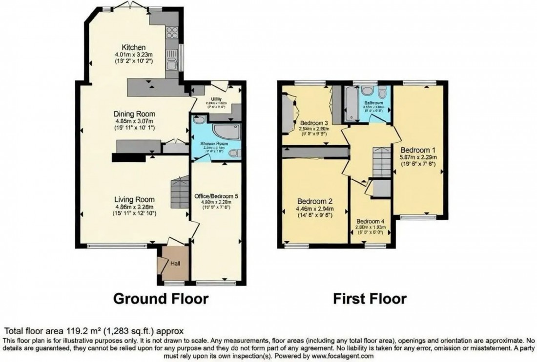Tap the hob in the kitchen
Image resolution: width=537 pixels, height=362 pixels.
click(x=172, y=33)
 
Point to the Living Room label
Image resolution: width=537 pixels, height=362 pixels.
click(x=134, y=199)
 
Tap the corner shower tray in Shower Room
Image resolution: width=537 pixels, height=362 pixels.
click(x=227, y=132)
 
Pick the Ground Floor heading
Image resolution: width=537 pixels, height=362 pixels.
click(x=161, y=299)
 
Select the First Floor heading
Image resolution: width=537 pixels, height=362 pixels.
click(x=370, y=299)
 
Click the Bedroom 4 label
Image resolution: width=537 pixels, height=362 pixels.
click(x=370, y=221)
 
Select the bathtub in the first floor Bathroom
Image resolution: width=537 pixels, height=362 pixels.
click(x=349, y=104)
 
